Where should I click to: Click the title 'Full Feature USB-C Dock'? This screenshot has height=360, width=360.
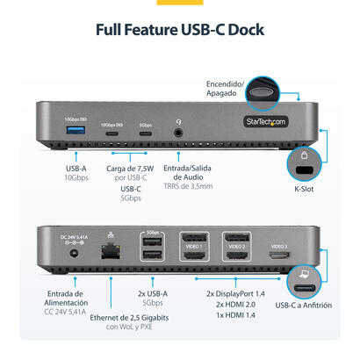click(180, 30)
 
